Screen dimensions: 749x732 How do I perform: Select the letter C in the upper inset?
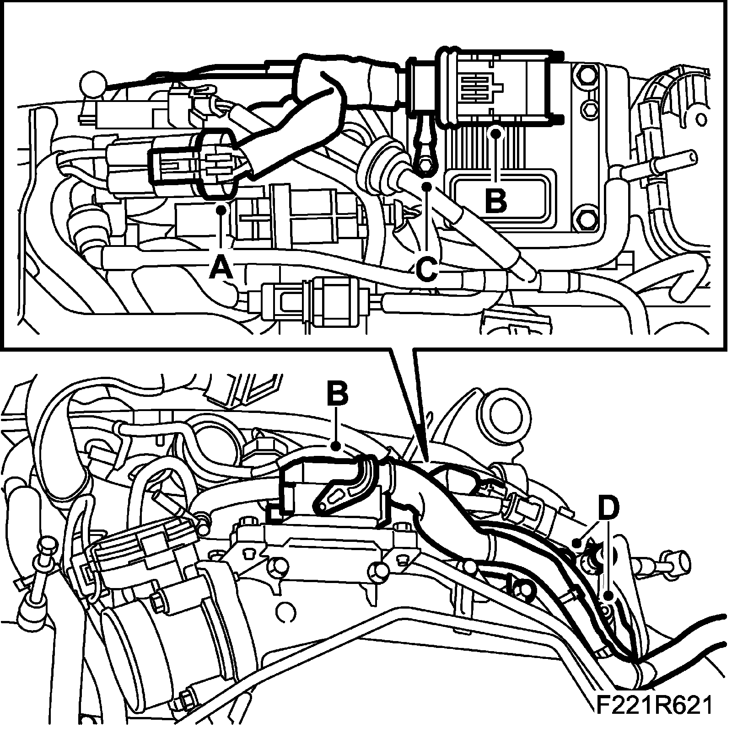427,268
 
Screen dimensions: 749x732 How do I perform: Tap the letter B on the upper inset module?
496,200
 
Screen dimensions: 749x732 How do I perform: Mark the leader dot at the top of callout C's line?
427,187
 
